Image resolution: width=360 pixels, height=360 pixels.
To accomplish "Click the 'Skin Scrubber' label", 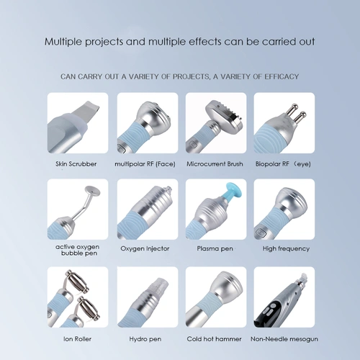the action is (x=76, y=164).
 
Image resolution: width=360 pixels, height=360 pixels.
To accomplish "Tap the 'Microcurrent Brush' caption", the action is (x=215, y=164).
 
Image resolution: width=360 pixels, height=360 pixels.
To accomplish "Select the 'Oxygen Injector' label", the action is (x=145, y=248).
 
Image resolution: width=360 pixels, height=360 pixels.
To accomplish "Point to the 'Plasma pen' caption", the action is (x=215, y=248).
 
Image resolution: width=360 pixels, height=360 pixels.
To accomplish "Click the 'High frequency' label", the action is (x=286, y=248).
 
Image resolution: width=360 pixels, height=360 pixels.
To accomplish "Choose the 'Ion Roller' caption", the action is (x=77, y=339).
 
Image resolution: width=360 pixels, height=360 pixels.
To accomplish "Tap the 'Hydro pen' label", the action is (x=145, y=339).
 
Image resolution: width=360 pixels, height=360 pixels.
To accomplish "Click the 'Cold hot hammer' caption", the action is (x=214, y=339).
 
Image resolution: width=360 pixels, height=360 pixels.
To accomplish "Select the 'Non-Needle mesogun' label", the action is (x=284, y=339).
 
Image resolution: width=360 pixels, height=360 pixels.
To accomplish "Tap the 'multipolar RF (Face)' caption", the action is (x=145, y=164).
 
